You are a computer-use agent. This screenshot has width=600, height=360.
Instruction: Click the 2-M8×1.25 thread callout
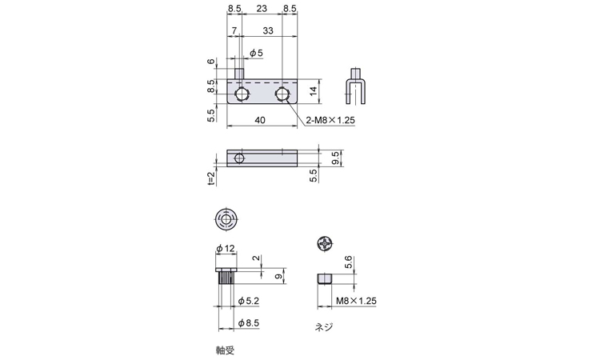tap(330, 120)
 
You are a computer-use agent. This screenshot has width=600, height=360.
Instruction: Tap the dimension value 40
tap(260, 120)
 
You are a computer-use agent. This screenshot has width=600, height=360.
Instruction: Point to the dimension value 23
tap(262, 9)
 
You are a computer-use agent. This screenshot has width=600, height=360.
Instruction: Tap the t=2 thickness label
tap(210, 178)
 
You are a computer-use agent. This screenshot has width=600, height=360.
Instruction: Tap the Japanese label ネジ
tap(322, 326)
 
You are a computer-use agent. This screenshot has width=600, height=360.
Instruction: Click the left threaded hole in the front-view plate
tap(242, 95)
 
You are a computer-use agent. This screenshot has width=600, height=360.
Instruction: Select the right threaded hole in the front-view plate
tap(282, 95)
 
